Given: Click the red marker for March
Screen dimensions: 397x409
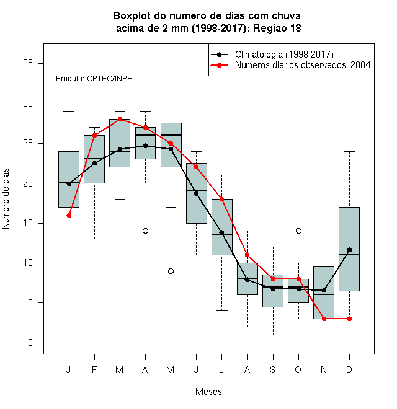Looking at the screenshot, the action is [x=120, y=119].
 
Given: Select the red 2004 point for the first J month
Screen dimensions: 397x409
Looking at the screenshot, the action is [x=69, y=215].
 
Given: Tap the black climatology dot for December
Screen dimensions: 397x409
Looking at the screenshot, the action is [x=349, y=250].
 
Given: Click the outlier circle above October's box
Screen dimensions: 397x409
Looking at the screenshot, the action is [x=298, y=231].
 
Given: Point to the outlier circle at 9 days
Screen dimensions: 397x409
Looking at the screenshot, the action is [x=171, y=271].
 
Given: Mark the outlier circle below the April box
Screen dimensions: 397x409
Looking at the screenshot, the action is [x=146, y=231].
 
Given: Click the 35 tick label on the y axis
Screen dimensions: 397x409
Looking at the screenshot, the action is [x=28, y=63].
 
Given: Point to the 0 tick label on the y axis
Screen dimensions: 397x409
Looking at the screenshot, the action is [x=30, y=343].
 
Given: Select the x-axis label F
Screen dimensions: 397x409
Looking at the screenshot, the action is [x=94, y=369].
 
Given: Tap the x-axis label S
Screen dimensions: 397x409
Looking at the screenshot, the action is [x=273, y=369].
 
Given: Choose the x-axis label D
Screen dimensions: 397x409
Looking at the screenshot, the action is [x=349, y=369].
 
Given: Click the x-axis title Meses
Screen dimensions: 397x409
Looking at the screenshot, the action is [x=208, y=392].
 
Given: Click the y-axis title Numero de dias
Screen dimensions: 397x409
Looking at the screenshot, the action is [x=6, y=199].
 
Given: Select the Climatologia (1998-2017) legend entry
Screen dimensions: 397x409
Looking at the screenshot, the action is [x=272, y=55].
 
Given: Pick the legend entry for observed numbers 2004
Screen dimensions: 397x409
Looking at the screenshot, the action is [x=290, y=65].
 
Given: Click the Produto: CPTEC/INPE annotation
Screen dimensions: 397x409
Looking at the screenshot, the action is [x=94, y=79].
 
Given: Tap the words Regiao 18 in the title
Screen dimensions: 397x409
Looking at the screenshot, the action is [x=277, y=28].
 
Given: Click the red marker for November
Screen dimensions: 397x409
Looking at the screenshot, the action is [x=324, y=319].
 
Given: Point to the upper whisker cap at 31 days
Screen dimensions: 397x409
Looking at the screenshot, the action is [x=171, y=95].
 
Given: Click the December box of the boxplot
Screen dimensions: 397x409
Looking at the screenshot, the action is [x=349, y=249].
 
